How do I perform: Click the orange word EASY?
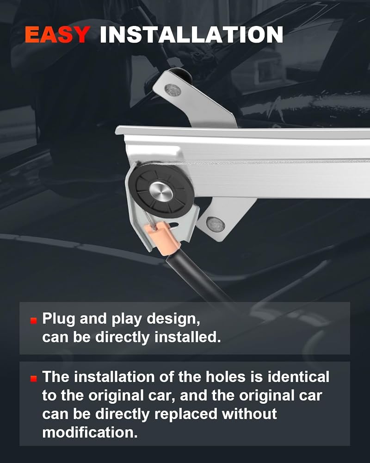pos(57,35)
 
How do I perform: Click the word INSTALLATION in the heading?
pos(191,35)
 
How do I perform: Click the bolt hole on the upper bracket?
pos(173,89)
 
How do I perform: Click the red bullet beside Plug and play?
pos(34,321)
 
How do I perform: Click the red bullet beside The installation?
pos(34,378)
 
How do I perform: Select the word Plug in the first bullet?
pos(59,319)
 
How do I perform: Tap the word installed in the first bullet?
pos(188,337)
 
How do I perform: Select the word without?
pos(249,414)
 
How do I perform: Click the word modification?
pos(90,432)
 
